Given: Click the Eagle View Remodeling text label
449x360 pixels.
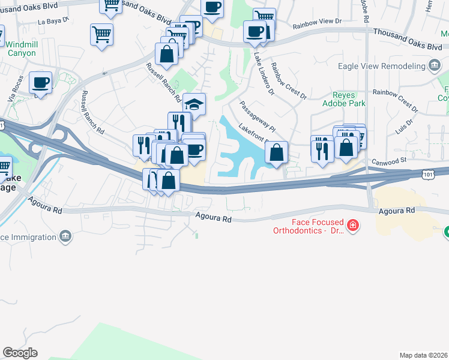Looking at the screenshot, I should (381, 66).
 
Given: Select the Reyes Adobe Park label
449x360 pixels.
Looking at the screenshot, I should (349, 99).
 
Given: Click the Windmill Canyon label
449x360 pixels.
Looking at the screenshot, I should (21, 49).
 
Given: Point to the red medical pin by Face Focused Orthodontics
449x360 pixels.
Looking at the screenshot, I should (354, 226).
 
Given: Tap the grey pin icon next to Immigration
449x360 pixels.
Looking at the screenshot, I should (66, 236).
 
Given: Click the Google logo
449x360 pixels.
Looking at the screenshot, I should (20, 353).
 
